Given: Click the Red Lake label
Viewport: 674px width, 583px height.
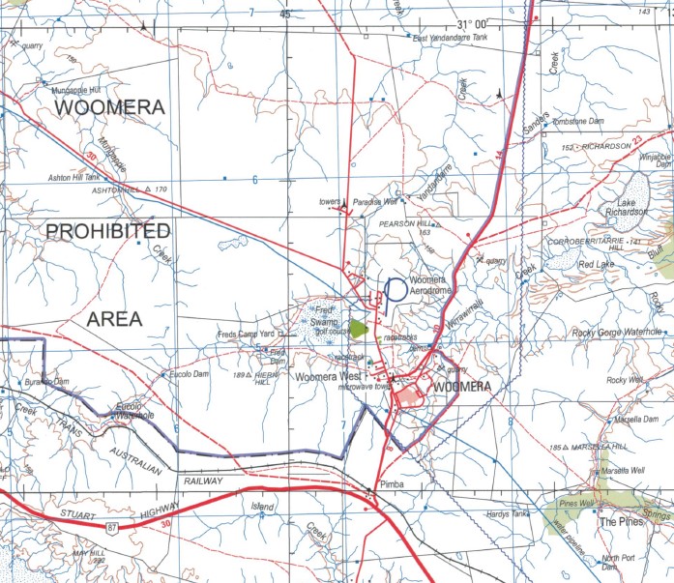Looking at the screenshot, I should (x=597, y=264).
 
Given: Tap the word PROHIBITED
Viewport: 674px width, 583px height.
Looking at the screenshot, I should (x=107, y=231).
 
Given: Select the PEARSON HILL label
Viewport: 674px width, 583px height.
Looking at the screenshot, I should (x=405, y=222).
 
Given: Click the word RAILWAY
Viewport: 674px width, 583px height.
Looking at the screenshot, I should (x=202, y=480).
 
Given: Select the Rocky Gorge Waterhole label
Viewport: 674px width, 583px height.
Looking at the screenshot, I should (x=616, y=333).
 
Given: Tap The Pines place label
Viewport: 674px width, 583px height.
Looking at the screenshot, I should (x=621, y=522).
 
